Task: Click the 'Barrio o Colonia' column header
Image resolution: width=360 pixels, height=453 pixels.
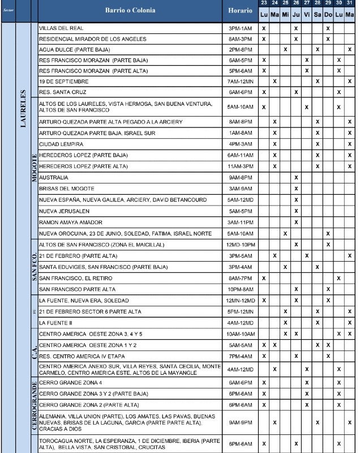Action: (x=130, y=11)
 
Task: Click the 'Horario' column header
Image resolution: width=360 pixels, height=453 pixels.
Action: (x=240, y=11)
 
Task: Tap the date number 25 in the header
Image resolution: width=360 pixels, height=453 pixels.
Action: (x=285, y=3)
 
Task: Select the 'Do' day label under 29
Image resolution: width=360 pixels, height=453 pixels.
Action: (x=328, y=14)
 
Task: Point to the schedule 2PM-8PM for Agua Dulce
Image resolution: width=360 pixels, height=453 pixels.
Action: (x=240, y=49)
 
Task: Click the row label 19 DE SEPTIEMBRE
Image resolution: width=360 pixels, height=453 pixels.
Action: (x=64, y=82)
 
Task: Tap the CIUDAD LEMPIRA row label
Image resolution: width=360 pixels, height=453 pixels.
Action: (x=58, y=144)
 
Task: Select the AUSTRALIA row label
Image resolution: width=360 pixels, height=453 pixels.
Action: (x=53, y=177)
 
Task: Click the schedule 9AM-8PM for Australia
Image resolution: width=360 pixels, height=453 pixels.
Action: (x=240, y=177)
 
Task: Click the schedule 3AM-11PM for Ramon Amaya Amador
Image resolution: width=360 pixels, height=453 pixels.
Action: (x=240, y=222)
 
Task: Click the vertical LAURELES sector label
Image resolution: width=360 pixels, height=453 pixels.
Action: (x=23, y=108)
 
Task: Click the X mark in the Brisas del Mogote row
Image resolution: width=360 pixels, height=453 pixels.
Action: (x=296, y=189)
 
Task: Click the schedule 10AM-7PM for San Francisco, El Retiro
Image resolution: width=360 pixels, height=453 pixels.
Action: (x=240, y=278)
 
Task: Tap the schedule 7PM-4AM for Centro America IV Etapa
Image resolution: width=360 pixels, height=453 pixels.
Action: (x=240, y=356)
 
